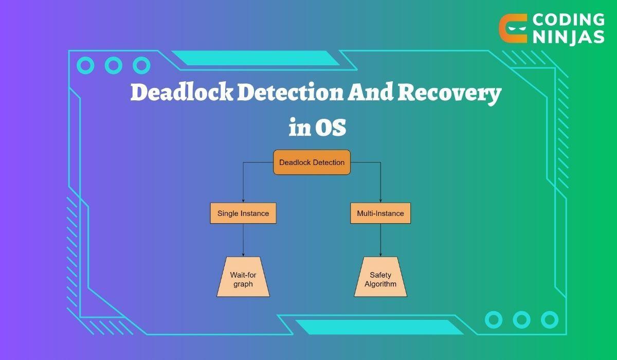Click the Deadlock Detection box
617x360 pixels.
[312, 163]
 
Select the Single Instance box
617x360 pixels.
[243, 213]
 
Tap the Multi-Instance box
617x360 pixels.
[380, 213]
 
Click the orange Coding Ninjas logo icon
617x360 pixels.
[513, 28]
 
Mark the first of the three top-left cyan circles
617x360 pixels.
[85, 65]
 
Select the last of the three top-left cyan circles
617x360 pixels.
[141, 65]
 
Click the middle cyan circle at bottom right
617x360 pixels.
[521, 319]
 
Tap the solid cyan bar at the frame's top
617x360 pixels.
[255, 58]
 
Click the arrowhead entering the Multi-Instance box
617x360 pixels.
[380, 201]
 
